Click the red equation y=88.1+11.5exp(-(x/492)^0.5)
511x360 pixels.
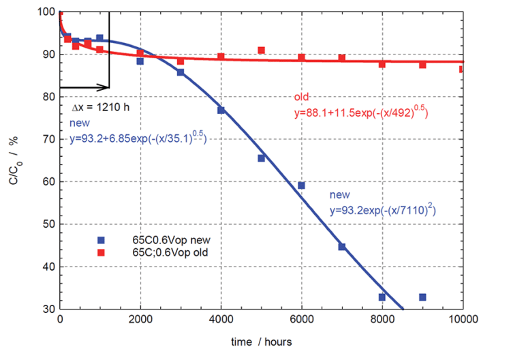click(360, 110)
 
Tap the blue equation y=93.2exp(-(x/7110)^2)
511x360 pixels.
click(382, 211)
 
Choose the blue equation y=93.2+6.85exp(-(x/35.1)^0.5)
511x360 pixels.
click(138, 138)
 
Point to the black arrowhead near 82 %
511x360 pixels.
click(105, 87)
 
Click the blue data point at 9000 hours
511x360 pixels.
click(422, 297)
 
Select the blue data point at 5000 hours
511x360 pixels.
click(261, 158)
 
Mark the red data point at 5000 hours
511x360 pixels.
click(261, 50)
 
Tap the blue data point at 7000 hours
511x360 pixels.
click(341, 247)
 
